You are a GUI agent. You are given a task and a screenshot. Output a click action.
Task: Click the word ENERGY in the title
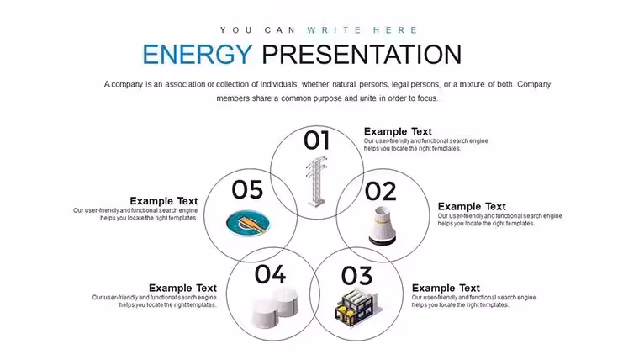tap(198, 54)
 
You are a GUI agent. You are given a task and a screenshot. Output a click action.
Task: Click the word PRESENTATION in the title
tap(362, 54)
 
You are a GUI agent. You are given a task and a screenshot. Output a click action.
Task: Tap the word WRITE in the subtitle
tap(335, 30)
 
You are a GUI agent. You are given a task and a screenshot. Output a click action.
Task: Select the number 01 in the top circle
tap(316, 140)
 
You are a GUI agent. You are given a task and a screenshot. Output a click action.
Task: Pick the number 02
tap(380, 191)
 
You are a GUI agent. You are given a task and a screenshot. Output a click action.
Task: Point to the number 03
tap(356, 276)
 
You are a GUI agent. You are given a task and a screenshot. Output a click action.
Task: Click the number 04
tap(270, 274)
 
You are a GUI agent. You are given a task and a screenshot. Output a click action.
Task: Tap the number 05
tap(247, 189)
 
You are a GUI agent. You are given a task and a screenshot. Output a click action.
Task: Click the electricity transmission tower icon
tap(317, 182)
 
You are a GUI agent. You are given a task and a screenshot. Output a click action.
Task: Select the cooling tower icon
tap(383, 226)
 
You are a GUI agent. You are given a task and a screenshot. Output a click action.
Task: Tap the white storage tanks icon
tap(275, 307)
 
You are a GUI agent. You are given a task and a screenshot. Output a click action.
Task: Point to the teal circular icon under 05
tap(248, 223)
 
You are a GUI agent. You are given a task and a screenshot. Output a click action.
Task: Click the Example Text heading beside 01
tap(398, 132)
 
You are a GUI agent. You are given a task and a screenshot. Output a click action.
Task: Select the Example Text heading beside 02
tap(472, 206)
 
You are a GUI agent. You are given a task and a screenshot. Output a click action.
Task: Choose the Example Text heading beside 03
tap(446, 288)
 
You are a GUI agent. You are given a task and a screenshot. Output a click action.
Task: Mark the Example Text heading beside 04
tap(182, 288)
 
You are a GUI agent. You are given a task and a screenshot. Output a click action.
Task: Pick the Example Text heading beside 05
tap(164, 201)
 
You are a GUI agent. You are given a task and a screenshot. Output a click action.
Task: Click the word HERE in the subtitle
tap(395, 30)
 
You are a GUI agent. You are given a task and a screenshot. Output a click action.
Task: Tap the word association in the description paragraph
tap(185, 84)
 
